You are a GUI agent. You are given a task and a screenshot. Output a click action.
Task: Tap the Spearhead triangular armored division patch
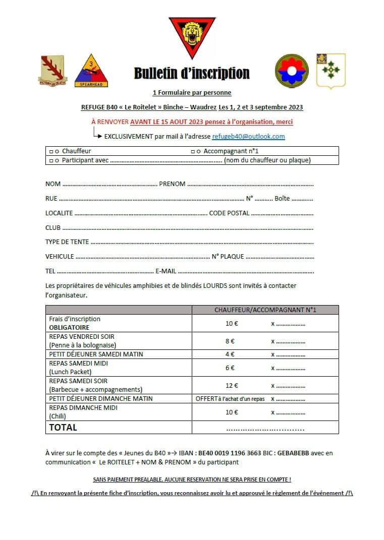point(91,71)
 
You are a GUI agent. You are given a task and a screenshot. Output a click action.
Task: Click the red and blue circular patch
point(291,71)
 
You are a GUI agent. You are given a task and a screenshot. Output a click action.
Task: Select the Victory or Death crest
point(52,71)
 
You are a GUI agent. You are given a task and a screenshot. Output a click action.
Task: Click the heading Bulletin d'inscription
point(192,74)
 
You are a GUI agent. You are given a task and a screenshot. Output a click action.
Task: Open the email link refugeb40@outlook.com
point(248,136)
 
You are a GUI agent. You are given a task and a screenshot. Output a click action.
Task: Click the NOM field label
point(53,184)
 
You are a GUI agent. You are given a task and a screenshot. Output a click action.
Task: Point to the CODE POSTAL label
point(229,213)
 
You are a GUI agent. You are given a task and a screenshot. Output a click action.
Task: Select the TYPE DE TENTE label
point(67,242)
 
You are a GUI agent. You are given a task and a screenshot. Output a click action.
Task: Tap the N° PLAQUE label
point(228,257)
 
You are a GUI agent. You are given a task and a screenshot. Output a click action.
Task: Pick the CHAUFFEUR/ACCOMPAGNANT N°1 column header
point(265,310)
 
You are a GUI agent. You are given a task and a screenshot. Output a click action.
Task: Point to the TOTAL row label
point(63,428)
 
